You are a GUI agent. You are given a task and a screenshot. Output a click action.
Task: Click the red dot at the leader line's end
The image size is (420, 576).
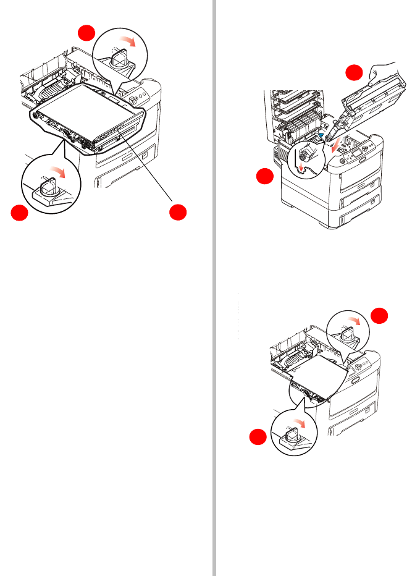(x=178, y=212)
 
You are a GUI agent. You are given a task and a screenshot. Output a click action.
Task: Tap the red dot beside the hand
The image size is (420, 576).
(x=353, y=73)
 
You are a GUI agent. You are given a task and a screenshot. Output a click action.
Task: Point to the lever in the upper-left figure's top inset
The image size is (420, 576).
(x=118, y=57)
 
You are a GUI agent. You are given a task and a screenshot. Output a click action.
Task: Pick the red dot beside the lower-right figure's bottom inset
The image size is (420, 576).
(x=258, y=437)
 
